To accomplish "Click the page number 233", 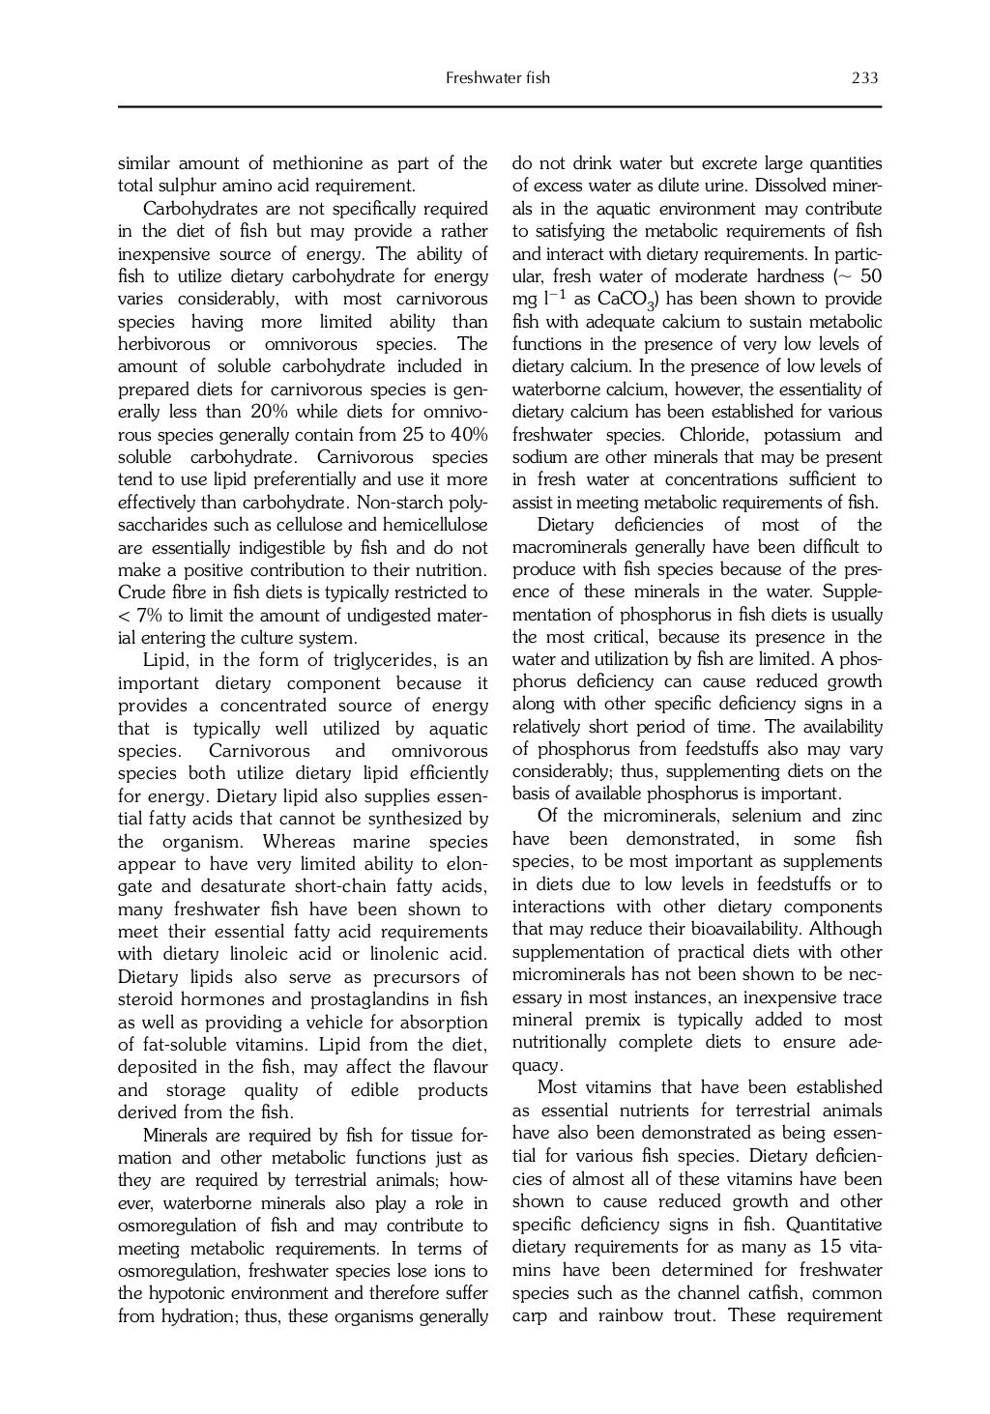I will click(864, 78).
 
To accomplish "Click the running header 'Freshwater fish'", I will click(497, 78).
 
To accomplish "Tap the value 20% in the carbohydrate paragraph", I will click(265, 412).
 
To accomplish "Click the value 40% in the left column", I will click(466, 435).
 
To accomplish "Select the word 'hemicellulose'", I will click(436, 525).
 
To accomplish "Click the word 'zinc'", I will click(864, 817).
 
